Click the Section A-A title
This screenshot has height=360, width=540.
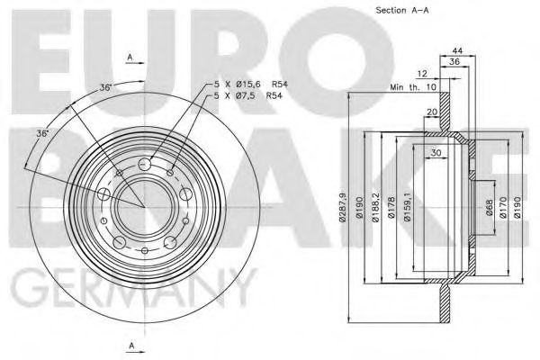(x=401, y=11)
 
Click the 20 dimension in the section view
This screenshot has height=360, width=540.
(x=433, y=112)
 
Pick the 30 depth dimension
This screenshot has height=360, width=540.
(x=436, y=153)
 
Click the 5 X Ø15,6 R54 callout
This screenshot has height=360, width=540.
(x=242, y=85)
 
